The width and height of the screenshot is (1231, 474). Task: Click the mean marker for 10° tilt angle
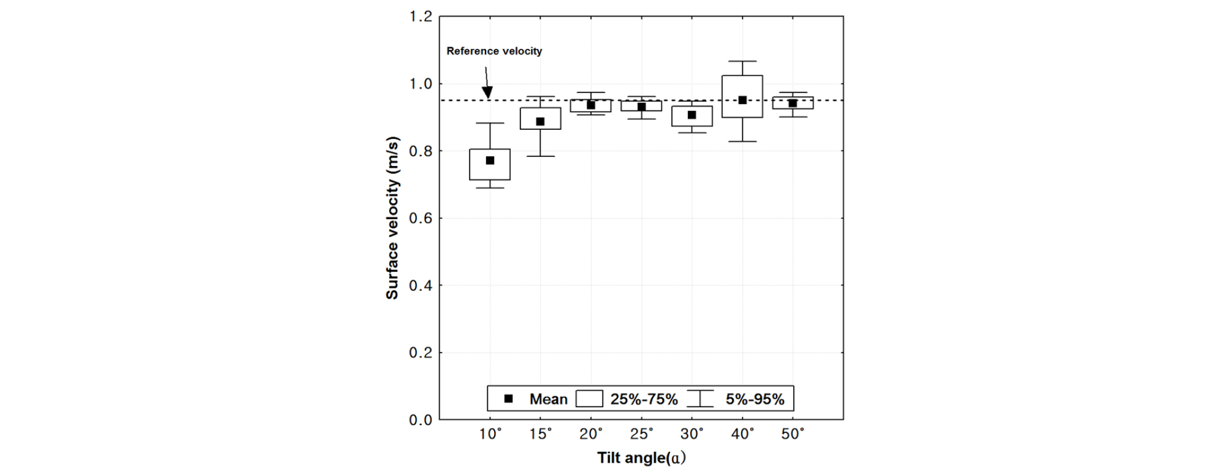[x=490, y=160]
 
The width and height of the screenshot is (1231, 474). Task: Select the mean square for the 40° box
[x=742, y=100]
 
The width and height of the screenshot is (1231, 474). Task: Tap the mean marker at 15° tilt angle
[x=540, y=121]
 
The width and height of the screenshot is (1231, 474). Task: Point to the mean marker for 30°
[x=692, y=115]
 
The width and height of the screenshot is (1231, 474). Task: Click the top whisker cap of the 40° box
[x=742, y=61]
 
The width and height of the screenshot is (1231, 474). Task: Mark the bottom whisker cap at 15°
[x=540, y=156]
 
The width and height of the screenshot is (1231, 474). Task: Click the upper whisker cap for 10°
[x=490, y=123]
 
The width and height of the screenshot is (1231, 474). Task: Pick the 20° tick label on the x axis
[x=591, y=434]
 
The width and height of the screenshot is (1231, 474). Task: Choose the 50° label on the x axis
[x=793, y=434]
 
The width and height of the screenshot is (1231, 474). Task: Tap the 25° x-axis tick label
[x=641, y=434]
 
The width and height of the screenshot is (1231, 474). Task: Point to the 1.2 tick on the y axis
[x=421, y=17]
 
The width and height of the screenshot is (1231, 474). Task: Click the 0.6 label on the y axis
[x=421, y=219]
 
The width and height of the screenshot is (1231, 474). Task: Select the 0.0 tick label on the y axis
[x=421, y=420]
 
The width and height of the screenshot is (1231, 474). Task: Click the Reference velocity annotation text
[x=494, y=51]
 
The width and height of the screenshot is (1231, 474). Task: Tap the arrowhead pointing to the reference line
[x=487, y=94]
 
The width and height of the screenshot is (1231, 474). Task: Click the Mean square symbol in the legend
[x=508, y=399]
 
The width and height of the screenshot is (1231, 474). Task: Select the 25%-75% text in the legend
[x=644, y=399]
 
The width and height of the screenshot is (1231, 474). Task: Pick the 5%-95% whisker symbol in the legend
[x=700, y=399]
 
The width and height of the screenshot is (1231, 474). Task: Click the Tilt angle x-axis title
[x=641, y=458]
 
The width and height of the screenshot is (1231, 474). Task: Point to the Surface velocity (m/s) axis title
[x=392, y=218]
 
